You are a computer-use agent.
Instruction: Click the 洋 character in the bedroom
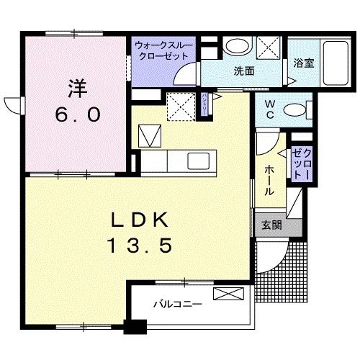(x=77, y=89)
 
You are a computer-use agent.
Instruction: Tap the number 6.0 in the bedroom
(x=78, y=114)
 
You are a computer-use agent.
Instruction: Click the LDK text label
(x=140, y=220)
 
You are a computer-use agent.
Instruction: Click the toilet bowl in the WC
(x=292, y=110)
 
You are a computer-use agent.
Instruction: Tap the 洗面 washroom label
(x=244, y=71)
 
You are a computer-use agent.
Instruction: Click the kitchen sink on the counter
(x=197, y=160)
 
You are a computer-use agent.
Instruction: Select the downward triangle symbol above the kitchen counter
(x=148, y=135)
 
